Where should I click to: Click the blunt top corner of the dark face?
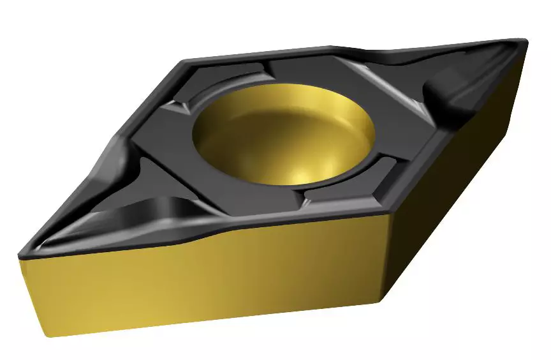(186, 62)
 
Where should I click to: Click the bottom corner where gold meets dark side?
(383, 300)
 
